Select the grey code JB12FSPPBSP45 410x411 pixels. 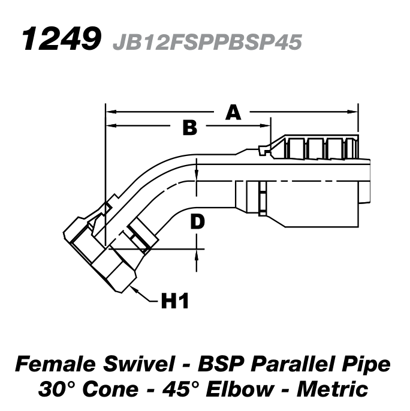[206, 42]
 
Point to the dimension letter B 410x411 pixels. [189, 127]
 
